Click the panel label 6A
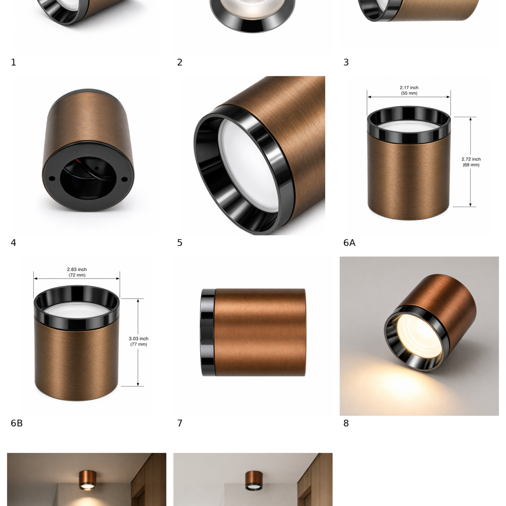(x=349, y=242)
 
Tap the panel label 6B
(x=16, y=423)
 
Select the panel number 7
(x=180, y=423)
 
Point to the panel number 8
(x=346, y=423)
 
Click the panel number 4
(x=13, y=242)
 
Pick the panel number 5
(x=180, y=242)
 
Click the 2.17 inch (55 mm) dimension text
(x=409, y=90)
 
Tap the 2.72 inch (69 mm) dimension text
(x=471, y=162)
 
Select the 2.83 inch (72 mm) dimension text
(x=77, y=272)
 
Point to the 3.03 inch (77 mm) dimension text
(x=139, y=342)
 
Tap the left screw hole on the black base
(x=52, y=179)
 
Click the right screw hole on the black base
(x=124, y=179)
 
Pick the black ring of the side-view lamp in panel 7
(x=208, y=332)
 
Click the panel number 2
(x=180, y=62)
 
